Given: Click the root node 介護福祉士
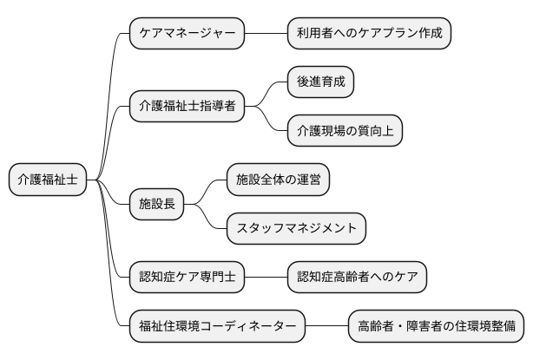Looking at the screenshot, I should click(48, 180).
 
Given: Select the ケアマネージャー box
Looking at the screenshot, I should click(187, 34).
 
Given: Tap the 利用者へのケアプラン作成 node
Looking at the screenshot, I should click(370, 34).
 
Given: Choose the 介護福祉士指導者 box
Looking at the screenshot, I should click(187, 107).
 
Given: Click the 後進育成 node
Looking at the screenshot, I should click(321, 82).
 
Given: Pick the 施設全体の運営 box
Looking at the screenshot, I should click(279, 180).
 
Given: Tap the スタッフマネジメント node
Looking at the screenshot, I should click(296, 229).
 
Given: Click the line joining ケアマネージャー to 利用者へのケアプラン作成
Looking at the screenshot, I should click(266, 34).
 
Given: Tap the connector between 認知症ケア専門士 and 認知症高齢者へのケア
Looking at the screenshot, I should click(266, 278).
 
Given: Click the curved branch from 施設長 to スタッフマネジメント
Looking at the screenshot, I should click(210, 222).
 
